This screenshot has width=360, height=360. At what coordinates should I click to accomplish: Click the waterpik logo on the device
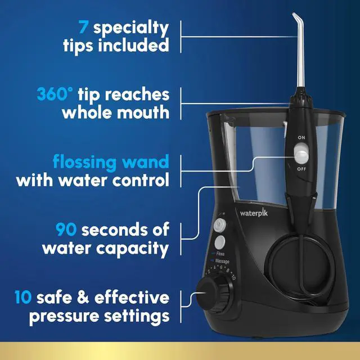pos(255,213)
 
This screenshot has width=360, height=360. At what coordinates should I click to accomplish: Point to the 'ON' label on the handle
pos(302,137)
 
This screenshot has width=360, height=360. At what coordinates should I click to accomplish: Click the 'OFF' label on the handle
pos(302,168)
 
